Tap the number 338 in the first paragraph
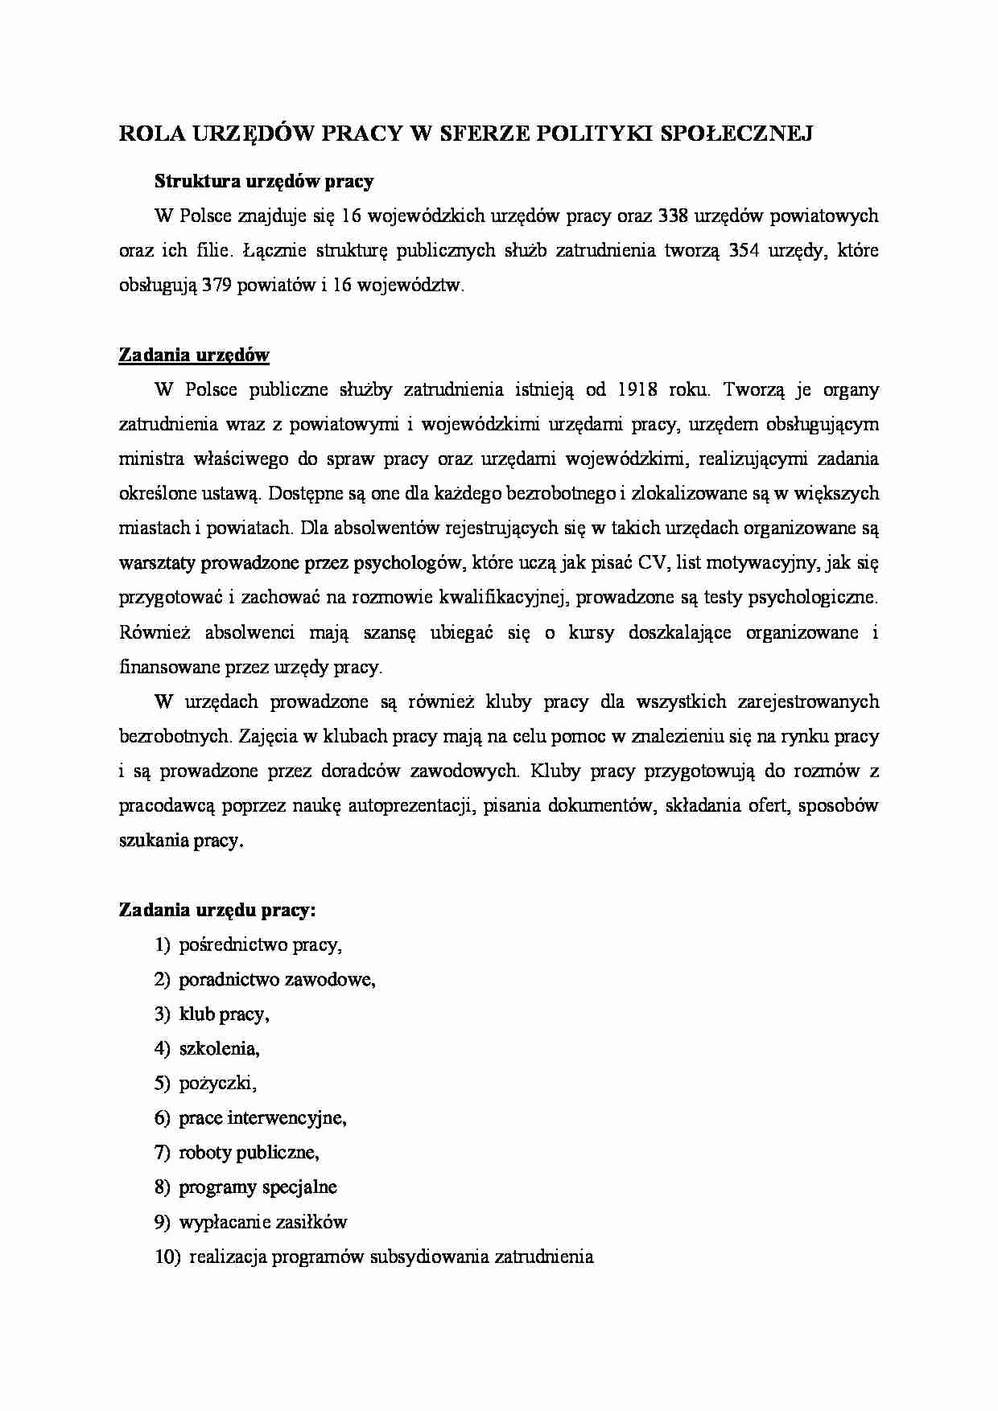[x=673, y=216]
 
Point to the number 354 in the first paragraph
[x=743, y=251]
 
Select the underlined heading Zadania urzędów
[x=194, y=355]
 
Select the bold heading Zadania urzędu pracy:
[x=217, y=911]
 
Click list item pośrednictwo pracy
[x=260, y=945]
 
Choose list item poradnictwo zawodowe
[x=277, y=980]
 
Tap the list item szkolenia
[x=219, y=1049]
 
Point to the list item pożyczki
[x=217, y=1084]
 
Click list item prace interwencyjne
[x=262, y=1118]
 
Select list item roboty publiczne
[x=249, y=1153]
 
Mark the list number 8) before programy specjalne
[x=163, y=1187]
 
